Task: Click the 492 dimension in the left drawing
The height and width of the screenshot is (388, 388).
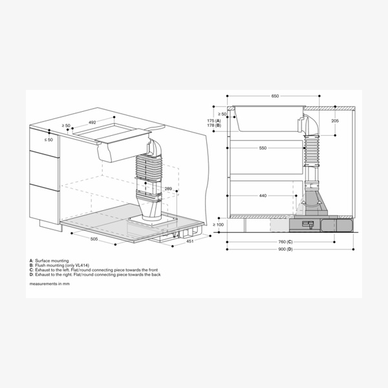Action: tap(92, 122)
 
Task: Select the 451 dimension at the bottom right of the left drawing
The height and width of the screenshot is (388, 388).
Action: tap(191, 242)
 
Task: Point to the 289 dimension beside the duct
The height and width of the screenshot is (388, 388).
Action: tap(167, 189)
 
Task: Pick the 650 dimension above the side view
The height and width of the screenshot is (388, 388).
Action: tap(275, 96)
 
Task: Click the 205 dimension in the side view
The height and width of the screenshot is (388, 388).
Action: tap(334, 121)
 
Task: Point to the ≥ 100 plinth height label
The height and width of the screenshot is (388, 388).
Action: tap(218, 224)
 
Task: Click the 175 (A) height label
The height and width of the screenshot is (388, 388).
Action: tap(214, 120)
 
